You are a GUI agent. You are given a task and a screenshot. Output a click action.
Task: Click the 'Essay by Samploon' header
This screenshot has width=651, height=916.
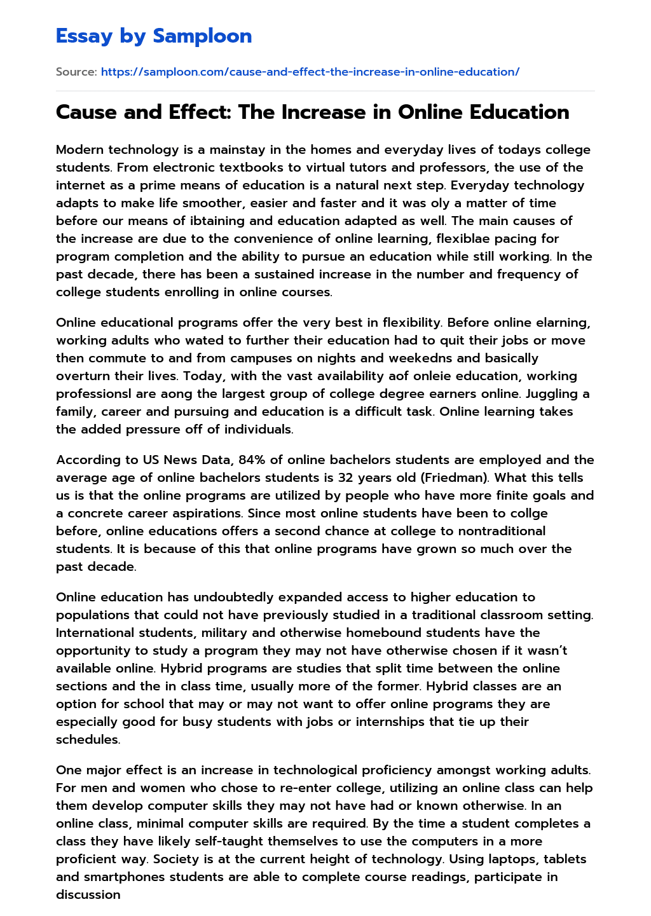click(x=154, y=36)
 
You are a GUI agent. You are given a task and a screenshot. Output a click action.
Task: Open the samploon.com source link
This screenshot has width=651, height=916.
click(x=310, y=72)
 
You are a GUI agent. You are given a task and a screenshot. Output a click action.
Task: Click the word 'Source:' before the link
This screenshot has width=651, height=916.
click(x=76, y=72)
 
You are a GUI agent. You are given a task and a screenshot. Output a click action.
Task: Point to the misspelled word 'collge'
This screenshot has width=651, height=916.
click(x=525, y=513)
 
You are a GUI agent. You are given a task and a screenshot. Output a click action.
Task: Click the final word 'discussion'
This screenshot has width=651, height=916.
click(x=88, y=894)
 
